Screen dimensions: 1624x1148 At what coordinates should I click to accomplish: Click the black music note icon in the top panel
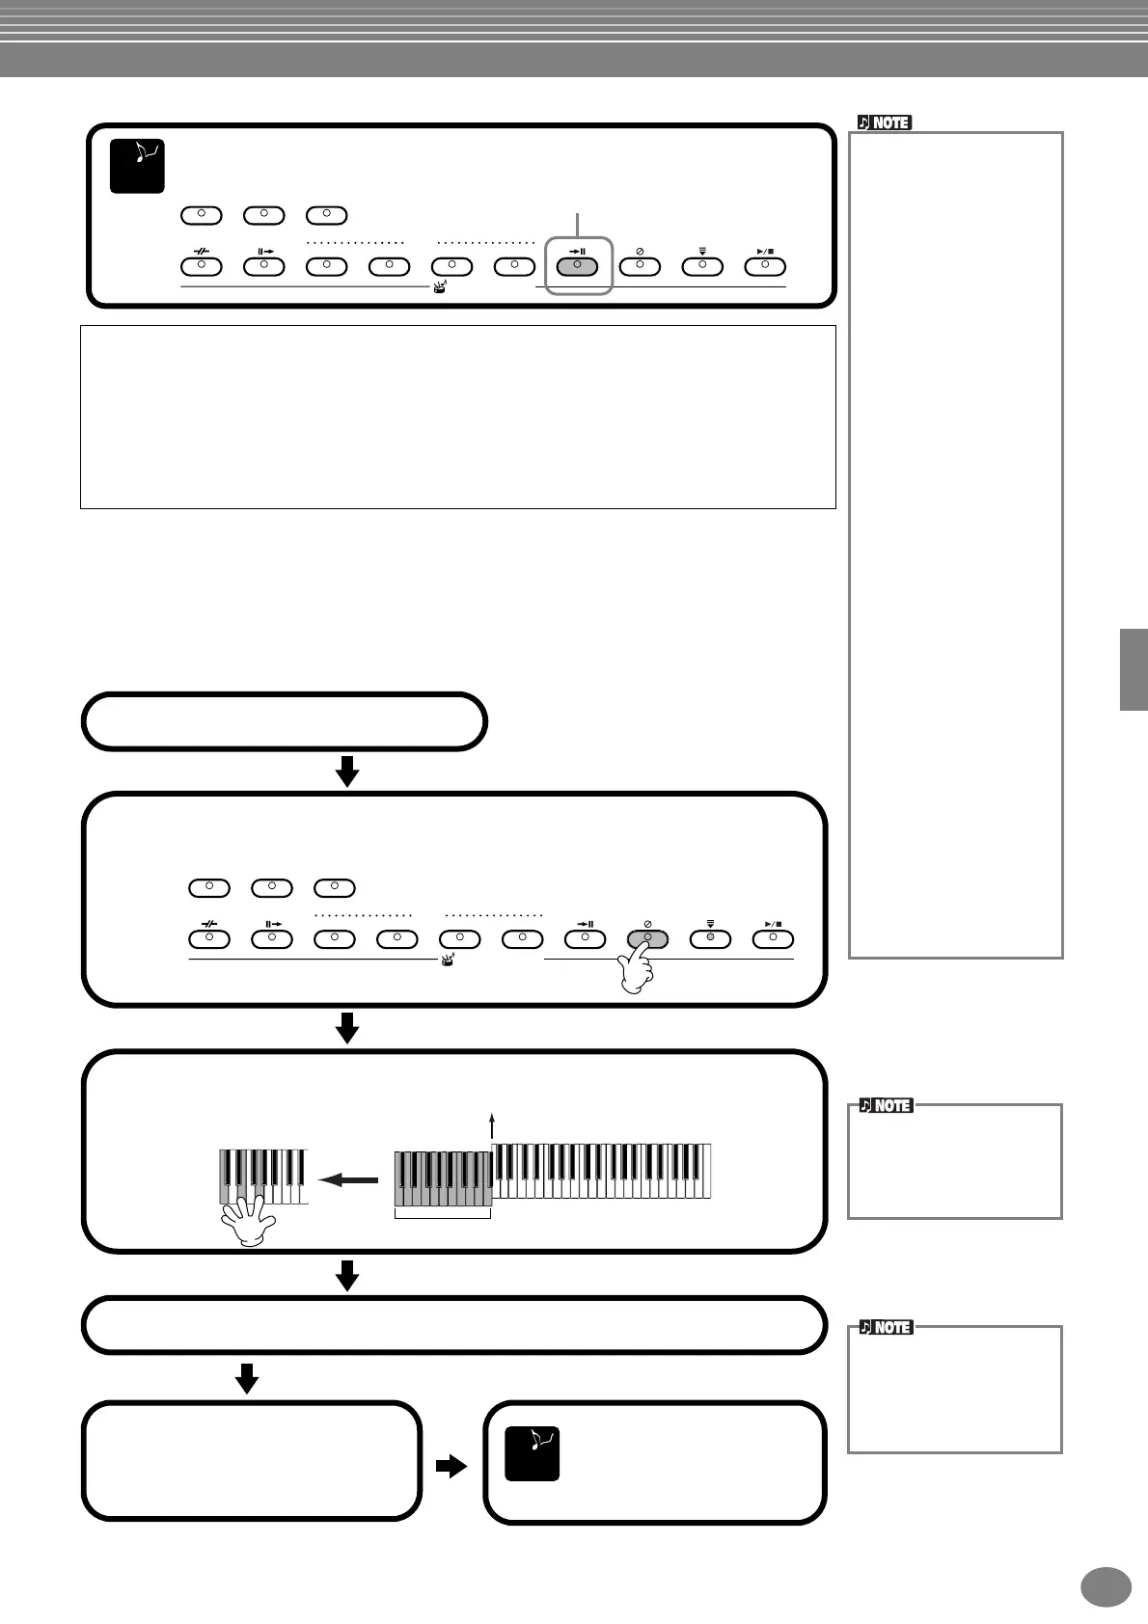pos(137,166)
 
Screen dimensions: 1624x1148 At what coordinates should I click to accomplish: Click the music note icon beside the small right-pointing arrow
pos(533,1453)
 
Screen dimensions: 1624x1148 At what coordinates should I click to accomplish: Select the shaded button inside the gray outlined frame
pos(577,265)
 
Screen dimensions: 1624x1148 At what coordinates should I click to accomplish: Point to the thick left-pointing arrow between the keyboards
pos(347,1179)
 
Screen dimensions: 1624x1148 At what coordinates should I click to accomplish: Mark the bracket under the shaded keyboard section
pos(443,1213)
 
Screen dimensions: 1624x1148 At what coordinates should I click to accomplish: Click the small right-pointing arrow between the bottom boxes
pos(451,1467)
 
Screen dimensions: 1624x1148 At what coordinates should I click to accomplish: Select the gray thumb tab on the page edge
pos(1134,669)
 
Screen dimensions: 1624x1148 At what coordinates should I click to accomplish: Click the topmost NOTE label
pos(885,122)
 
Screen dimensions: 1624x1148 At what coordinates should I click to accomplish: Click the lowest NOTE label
pos(886,1327)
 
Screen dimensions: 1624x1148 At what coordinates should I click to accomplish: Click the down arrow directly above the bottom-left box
pos(247,1378)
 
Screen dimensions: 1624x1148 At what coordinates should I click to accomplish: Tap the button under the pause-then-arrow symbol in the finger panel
pos(272,938)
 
